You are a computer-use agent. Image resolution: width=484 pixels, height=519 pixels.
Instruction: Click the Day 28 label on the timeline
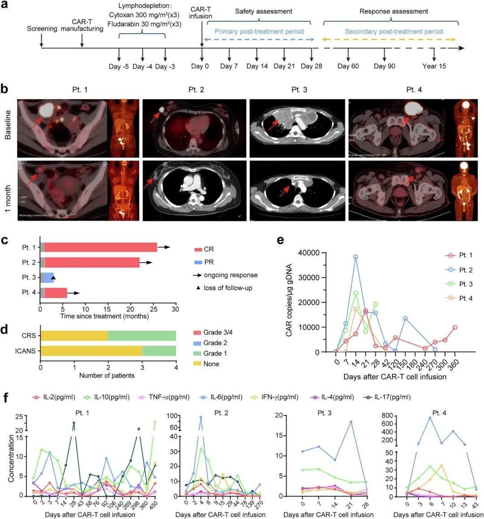click(x=311, y=66)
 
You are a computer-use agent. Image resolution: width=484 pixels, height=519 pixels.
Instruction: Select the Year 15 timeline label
click(x=434, y=66)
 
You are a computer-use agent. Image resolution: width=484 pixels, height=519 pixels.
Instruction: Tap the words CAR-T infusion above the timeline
click(x=200, y=13)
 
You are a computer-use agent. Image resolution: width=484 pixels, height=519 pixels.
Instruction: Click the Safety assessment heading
click(x=264, y=11)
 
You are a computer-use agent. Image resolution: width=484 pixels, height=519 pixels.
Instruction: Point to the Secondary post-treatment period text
click(x=393, y=31)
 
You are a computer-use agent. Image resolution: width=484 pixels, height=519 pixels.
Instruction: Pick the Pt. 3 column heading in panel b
click(x=299, y=90)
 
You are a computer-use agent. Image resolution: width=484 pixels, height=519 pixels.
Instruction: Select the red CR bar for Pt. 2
click(x=92, y=263)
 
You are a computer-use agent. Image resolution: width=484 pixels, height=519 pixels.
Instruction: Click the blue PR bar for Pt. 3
click(x=49, y=278)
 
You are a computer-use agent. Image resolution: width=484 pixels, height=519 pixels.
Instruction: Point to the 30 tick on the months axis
click(x=175, y=309)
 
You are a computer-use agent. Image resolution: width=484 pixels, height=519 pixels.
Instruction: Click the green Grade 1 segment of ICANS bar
click(x=159, y=351)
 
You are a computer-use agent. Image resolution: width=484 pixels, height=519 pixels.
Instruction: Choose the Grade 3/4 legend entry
click(x=217, y=333)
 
